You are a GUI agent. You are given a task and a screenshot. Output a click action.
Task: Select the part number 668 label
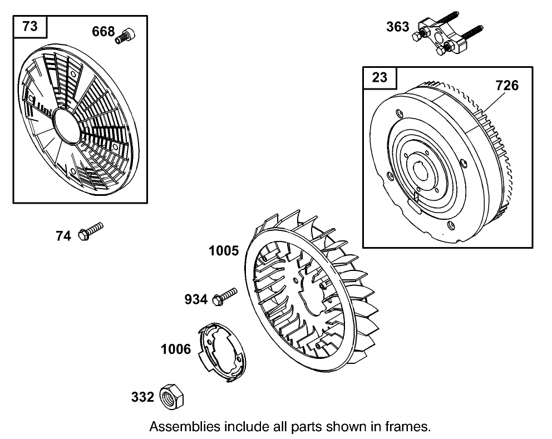[x=103, y=32]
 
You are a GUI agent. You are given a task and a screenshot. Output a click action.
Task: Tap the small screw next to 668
[x=125, y=35]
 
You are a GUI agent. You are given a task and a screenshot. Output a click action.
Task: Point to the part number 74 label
[x=63, y=236]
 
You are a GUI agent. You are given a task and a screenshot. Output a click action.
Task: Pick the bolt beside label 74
[x=91, y=231]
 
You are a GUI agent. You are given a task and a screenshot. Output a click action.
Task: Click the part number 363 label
[x=397, y=27]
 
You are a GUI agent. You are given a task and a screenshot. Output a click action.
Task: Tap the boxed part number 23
[x=379, y=77]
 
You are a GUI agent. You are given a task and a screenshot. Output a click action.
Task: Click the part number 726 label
[x=507, y=85]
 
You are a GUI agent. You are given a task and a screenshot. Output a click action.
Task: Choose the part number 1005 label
[x=224, y=251]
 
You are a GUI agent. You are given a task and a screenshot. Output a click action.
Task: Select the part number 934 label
[x=196, y=300]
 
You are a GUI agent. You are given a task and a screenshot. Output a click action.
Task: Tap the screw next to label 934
[x=224, y=295]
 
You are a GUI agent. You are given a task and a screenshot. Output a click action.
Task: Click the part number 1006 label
[x=176, y=349]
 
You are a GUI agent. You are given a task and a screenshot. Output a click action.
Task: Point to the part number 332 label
[x=142, y=397]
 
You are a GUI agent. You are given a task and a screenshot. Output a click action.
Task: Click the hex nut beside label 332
[x=171, y=397]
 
